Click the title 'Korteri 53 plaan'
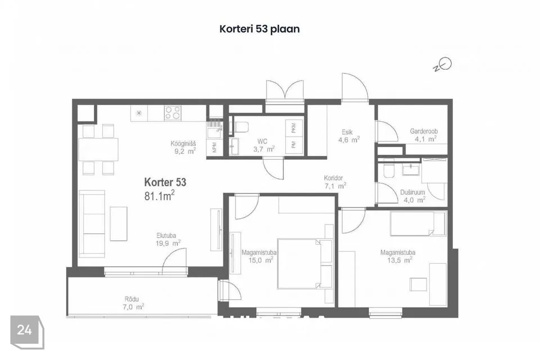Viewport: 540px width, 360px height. (x=259, y=29)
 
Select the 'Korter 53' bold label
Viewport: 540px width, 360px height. (x=165, y=182)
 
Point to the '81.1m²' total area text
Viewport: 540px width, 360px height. (x=159, y=195)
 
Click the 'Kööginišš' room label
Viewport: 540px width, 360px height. (x=183, y=143)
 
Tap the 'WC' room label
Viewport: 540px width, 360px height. (x=262, y=141)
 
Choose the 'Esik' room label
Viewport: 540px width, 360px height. (x=346, y=133)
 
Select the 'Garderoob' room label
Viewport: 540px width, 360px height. (x=424, y=131)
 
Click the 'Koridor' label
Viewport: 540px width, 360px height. (x=334, y=178)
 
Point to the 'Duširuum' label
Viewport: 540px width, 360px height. (x=412, y=192)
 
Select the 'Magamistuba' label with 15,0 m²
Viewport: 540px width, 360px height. (x=257, y=253)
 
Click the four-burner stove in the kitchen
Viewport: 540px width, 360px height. (x=173, y=112)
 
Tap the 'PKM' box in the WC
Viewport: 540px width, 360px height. (x=294, y=128)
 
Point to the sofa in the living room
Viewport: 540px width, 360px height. (x=92, y=223)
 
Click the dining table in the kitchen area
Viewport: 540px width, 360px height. (x=98, y=150)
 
